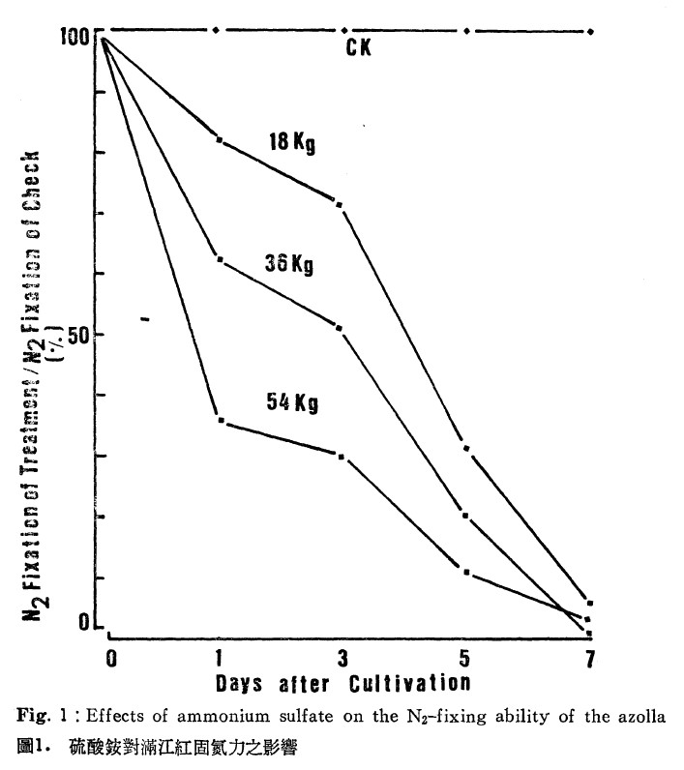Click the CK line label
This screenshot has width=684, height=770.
359,47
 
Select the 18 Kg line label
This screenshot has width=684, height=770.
292,142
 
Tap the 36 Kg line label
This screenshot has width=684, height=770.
289,264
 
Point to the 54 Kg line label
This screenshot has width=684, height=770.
292,402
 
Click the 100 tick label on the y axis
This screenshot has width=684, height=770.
75,36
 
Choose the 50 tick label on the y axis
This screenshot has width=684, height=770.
78,337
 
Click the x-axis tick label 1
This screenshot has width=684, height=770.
219,659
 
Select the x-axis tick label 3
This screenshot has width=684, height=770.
342,659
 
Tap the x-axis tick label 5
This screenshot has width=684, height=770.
464,658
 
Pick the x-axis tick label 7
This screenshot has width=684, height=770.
590,659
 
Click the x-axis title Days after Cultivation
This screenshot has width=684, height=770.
343,684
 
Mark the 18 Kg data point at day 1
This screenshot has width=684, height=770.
220,139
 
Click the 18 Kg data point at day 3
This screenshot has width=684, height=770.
339,204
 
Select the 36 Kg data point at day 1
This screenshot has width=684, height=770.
220,259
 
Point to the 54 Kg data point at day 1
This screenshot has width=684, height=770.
222,421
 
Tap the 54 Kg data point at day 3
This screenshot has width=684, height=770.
342,457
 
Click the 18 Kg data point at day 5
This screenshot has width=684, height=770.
466,448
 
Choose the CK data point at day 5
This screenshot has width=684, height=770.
466,31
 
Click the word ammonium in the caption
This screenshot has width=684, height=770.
223,717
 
